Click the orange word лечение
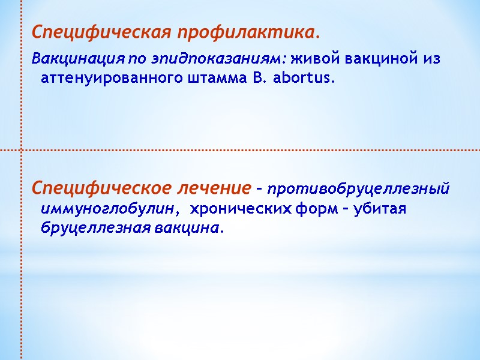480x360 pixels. point(214,188)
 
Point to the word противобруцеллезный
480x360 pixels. point(358,190)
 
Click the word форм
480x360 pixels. point(318,209)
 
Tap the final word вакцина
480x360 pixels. point(187,228)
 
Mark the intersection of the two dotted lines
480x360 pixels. point(22,150)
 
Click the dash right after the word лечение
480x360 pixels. point(259,190)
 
